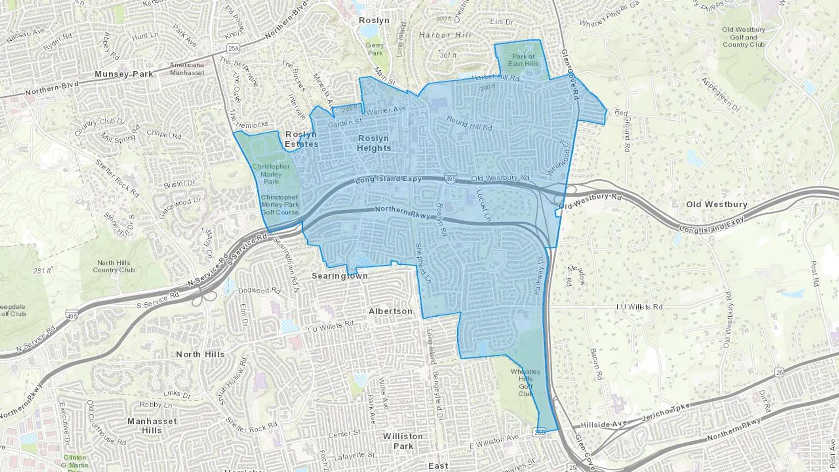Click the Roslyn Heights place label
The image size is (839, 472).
374,144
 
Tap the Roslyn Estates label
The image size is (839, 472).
302,139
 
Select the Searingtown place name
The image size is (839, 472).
340,276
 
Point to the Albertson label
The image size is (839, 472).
391,311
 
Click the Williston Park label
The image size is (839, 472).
403,441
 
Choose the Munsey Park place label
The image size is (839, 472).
124,74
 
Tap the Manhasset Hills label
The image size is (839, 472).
152,426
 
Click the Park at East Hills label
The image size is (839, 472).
523,60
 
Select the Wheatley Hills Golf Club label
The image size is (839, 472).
525,383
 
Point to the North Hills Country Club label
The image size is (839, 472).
114,267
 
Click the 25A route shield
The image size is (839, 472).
233,48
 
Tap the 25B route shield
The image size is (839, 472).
540,432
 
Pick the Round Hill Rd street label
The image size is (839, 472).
469,123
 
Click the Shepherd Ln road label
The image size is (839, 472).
423,264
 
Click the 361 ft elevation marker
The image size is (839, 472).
448,55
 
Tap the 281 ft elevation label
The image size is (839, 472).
42,271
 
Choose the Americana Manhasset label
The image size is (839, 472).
187,69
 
